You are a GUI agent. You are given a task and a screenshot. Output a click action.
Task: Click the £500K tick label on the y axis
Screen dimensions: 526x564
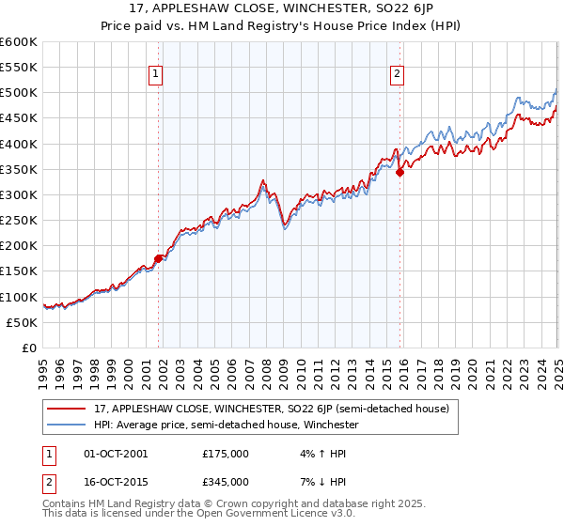[19, 93]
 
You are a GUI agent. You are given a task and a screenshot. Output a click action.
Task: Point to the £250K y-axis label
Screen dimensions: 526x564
[19, 220]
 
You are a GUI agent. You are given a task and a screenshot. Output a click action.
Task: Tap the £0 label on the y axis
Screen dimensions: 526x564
[29, 348]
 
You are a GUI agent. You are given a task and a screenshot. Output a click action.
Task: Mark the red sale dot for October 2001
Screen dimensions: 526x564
[159, 258]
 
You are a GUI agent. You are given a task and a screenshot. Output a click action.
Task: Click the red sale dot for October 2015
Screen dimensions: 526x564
[399, 172]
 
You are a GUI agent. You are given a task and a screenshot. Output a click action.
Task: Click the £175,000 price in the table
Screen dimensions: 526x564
[226, 454]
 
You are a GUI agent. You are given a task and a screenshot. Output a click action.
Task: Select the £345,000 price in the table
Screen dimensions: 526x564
[226, 481]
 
